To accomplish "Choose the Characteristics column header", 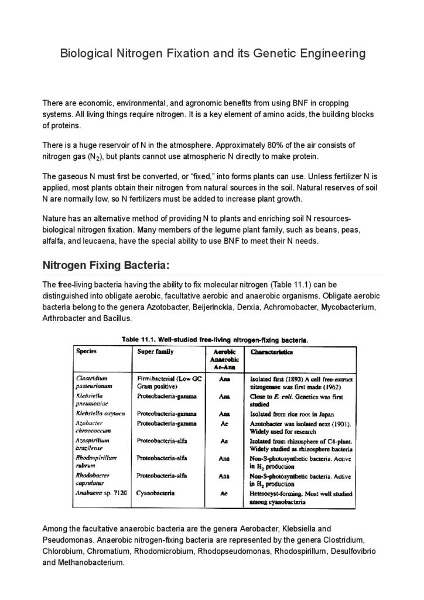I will click(x=272, y=352).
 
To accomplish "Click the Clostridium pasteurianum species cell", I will click(x=94, y=383).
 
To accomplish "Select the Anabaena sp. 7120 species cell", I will click(x=99, y=494).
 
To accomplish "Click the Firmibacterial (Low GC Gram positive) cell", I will click(x=169, y=383).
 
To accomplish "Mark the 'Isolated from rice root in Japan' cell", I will click(x=291, y=413).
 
